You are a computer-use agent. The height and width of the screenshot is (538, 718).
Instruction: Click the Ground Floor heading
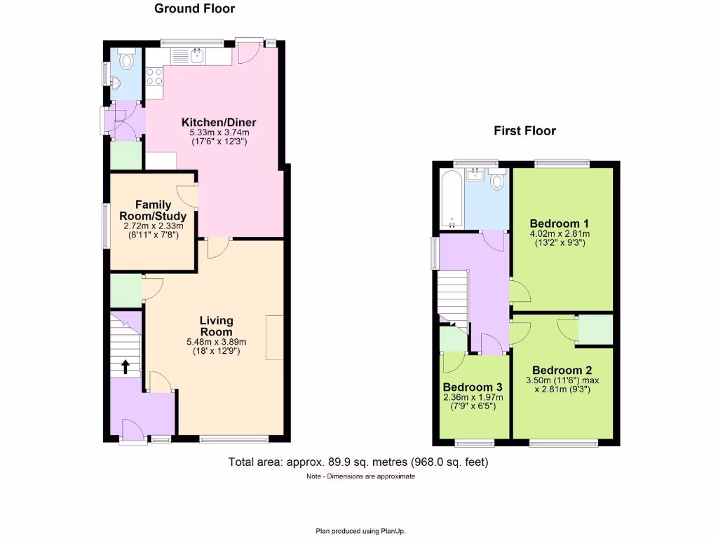194,9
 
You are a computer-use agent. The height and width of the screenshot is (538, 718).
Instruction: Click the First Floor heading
524,131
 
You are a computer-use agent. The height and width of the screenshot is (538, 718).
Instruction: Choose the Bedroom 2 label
562,371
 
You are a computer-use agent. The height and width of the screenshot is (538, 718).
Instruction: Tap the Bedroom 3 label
473,387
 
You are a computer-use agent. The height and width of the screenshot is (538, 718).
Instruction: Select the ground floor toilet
126,61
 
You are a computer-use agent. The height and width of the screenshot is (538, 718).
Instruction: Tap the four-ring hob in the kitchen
154,75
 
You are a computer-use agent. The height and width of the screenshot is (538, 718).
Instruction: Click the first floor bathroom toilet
498,181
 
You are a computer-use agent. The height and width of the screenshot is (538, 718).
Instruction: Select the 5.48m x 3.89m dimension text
216,342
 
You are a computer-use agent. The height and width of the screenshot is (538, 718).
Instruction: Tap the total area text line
358,462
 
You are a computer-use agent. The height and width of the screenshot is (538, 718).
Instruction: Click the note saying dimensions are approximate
360,476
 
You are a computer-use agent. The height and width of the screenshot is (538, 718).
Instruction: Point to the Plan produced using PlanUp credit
360,530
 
